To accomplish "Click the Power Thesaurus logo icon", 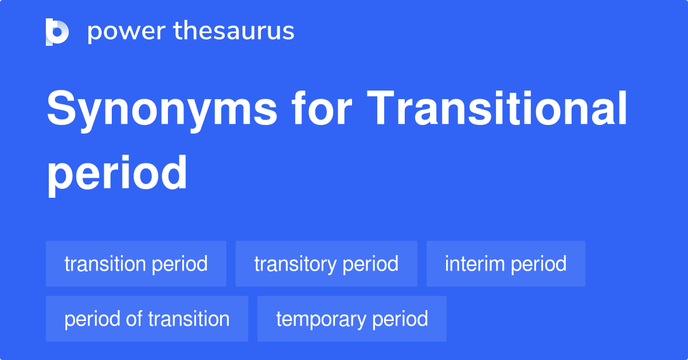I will click(x=57, y=32).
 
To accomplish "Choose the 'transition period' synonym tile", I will click(x=136, y=264).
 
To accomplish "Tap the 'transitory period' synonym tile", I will click(x=326, y=264).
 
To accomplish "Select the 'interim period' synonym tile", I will click(x=506, y=264).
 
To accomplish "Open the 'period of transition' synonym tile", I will click(x=147, y=319).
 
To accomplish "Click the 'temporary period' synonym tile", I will click(x=352, y=319).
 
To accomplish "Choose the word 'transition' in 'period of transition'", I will click(x=189, y=319).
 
